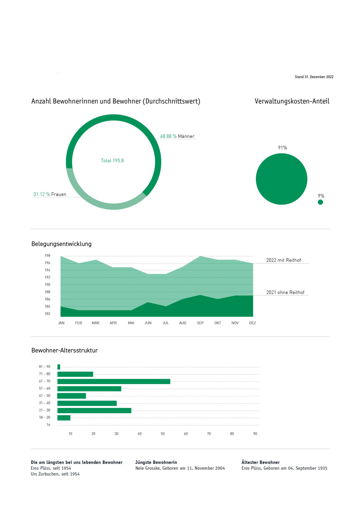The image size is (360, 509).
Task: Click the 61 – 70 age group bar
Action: click(x=114, y=382)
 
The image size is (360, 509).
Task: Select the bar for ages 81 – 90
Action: click(x=59, y=367)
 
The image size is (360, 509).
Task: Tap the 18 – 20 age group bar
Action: click(x=64, y=418)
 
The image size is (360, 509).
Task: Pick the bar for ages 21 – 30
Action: click(x=94, y=410)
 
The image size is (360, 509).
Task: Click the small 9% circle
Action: click(x=320, y=202)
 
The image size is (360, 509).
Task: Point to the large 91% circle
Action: click(x=281, y=179)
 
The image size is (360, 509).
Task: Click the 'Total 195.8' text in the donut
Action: click(x=112, y=161)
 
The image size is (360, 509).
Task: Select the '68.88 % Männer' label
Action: click(x=177, y=136)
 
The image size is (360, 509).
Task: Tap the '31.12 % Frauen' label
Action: click(x=50, y=194)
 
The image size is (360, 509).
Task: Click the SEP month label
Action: click(x=200, y=323)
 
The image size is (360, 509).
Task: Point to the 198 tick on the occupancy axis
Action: click(x=47, y=255)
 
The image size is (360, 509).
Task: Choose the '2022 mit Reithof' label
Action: click(x=283, y=260)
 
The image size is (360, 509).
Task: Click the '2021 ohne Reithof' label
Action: click(x=285, y=292)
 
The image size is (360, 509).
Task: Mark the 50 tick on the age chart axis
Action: click(x=163, y=434)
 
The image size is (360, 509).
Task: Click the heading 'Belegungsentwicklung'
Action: click(x=62, y=244)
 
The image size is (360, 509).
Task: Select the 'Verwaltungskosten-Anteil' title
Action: click(x=292, y=101)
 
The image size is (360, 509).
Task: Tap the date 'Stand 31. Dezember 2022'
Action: click(x=314, y=77)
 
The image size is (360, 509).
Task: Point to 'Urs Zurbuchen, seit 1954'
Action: click(x=55, y=474)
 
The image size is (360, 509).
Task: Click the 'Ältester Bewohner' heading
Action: click(x=260, y=463)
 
